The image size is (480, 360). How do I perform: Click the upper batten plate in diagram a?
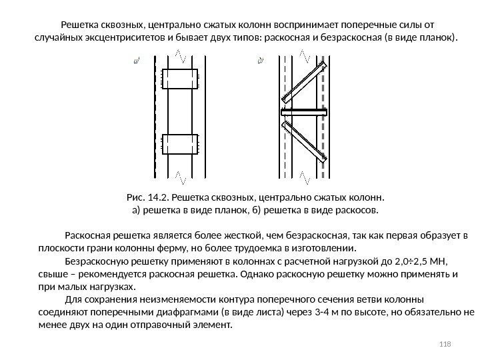(180, 80)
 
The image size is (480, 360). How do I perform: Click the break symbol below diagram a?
(180, 177)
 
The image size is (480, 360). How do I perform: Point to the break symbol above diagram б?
(303, 53)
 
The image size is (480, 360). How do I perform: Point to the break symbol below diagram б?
(303, 177)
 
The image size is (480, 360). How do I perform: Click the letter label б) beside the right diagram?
(261, 61)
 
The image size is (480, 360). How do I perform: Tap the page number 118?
(446, 343)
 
